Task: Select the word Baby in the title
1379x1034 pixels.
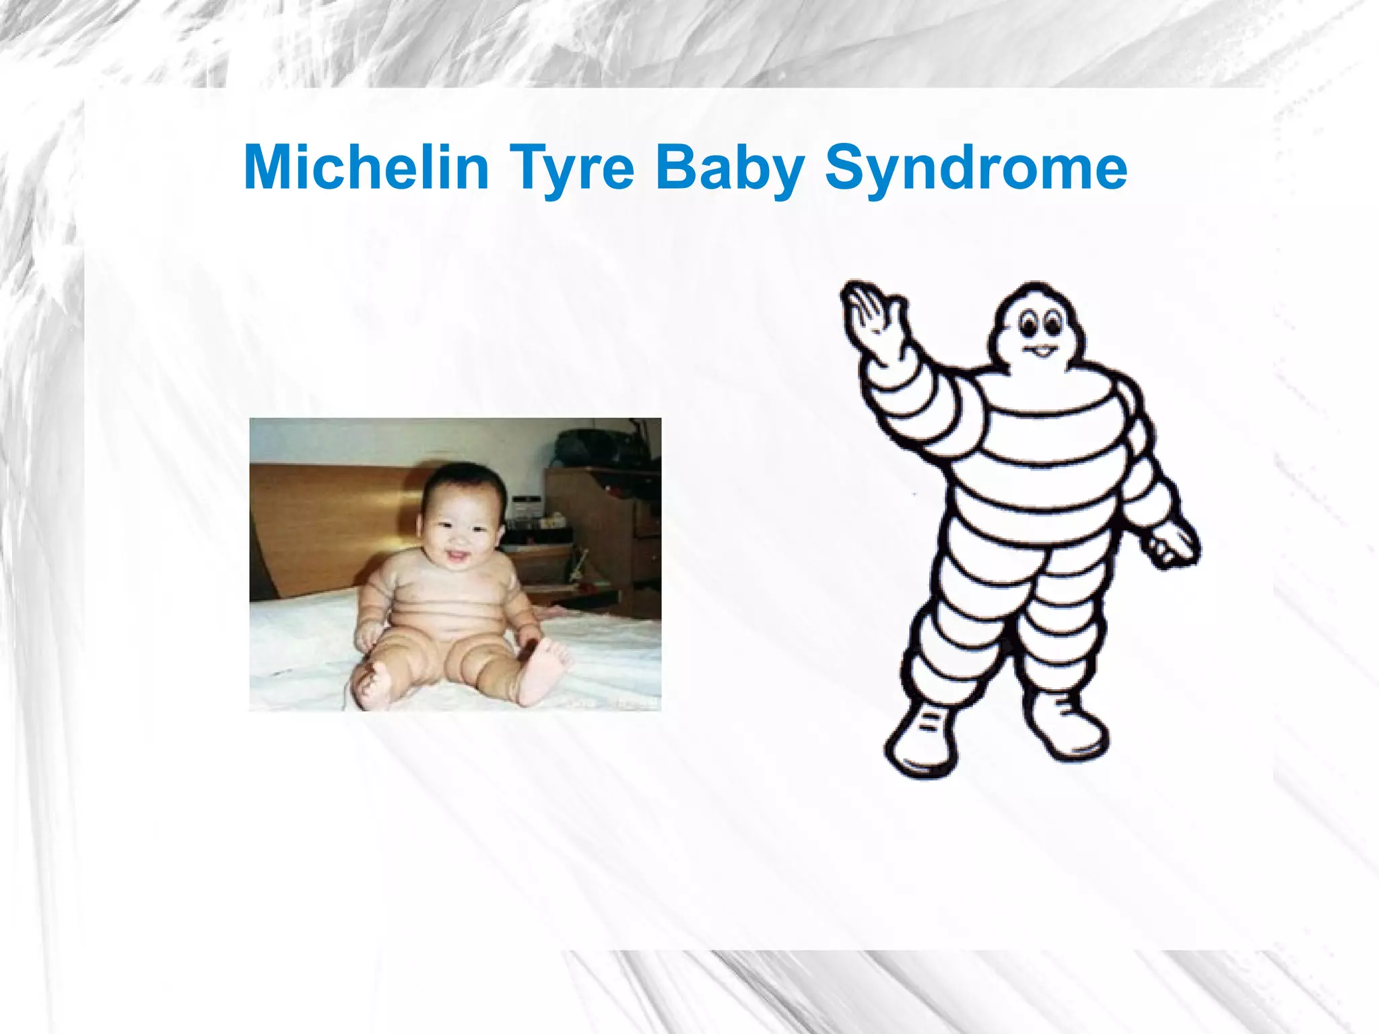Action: coord(730,168)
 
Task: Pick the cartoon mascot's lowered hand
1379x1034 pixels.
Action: coord(1175,544)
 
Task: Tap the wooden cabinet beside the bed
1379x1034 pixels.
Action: coord(606,532)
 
